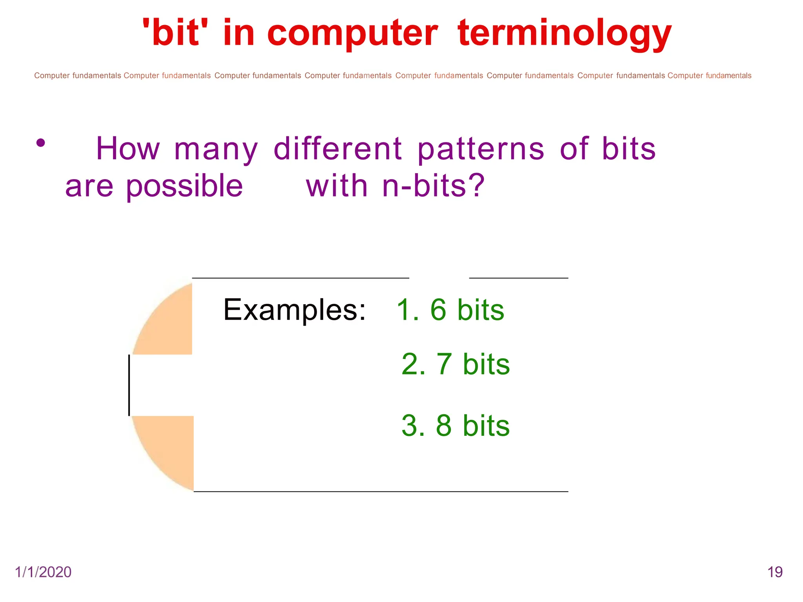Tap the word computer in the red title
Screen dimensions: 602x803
(352, 34)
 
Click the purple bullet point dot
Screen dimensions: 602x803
(41, 143)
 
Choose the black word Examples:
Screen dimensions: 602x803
(294, 310)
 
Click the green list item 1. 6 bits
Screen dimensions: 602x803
(450, 310)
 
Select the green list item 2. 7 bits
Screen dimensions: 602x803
(456, 364)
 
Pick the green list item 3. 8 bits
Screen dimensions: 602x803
(456, 426)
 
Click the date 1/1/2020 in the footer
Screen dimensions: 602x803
(43, 572)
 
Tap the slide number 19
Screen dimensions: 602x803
(775, 572)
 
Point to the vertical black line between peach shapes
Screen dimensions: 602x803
(129, 385)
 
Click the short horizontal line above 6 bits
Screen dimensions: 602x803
(518, 278)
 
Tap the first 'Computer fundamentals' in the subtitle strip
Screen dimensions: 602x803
(77, 76)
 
